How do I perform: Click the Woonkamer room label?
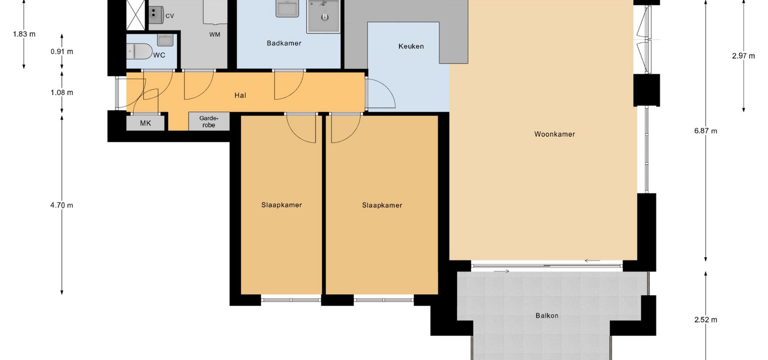554,134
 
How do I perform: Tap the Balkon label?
547,316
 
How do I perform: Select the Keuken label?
411,46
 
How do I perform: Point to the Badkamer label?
284,43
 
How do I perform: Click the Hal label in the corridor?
240,95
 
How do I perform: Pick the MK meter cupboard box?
146,123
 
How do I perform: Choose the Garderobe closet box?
209,121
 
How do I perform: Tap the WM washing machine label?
215,34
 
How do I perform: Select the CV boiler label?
170,16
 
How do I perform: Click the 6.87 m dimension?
706,131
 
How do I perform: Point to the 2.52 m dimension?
706,320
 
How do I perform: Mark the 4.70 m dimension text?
62,206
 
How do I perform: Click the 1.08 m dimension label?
62,93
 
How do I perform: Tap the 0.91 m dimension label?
62,52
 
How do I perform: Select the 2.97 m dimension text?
744,56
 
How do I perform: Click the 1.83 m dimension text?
24,34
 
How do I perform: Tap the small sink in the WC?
165,40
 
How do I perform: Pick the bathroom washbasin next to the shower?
287,8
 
